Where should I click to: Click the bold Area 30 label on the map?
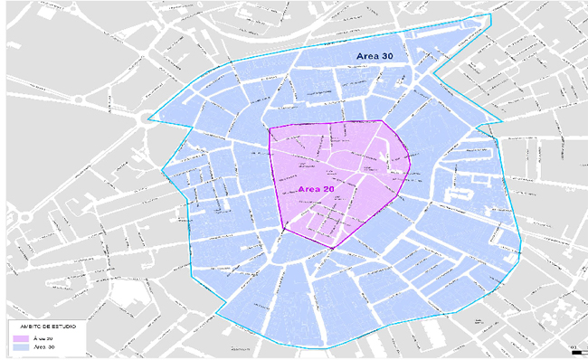[375, 56]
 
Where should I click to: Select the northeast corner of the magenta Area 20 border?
[383, 121]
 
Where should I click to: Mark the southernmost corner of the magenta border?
[332, 249]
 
